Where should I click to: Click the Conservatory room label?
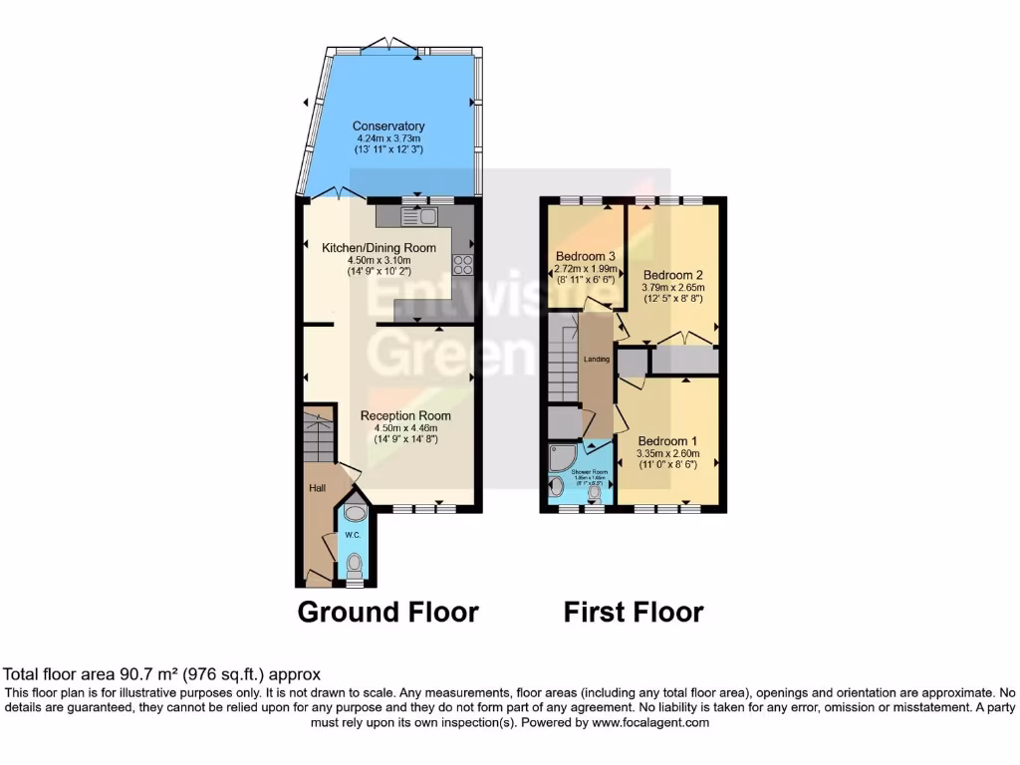point(388,127)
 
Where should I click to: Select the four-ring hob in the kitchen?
point(463,264)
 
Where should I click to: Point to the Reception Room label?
point(405,415)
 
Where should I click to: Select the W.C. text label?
point(353,535)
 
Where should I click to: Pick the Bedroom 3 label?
point(585,256)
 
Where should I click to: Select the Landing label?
point(597,360)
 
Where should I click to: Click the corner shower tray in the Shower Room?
point(561,458)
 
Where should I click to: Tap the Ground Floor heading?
point(388,612)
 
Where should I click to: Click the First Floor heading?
point(634,612)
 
